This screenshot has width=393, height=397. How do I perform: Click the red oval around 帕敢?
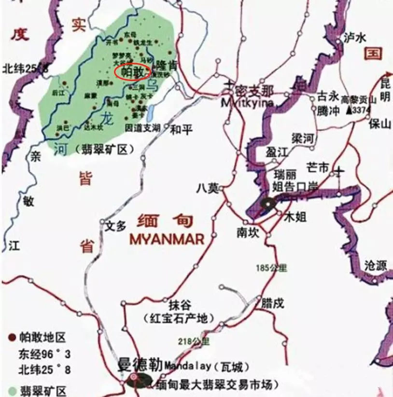pos(133,71)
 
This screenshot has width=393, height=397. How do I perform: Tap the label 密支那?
pos(254,91)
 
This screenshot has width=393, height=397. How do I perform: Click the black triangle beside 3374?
pos(349,110)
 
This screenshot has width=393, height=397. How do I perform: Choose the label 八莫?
pos(207,188)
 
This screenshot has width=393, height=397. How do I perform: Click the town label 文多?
pos(115,226)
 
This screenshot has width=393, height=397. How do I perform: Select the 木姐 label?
pos(295,218)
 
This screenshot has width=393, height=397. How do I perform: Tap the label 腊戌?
pos(273,303)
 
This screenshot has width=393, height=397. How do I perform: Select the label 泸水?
pos(353,37)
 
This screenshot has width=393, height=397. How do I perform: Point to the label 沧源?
pos(376,265)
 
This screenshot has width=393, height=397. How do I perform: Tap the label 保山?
pos(379,124)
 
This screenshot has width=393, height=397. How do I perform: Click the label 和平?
pos(182,129)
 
